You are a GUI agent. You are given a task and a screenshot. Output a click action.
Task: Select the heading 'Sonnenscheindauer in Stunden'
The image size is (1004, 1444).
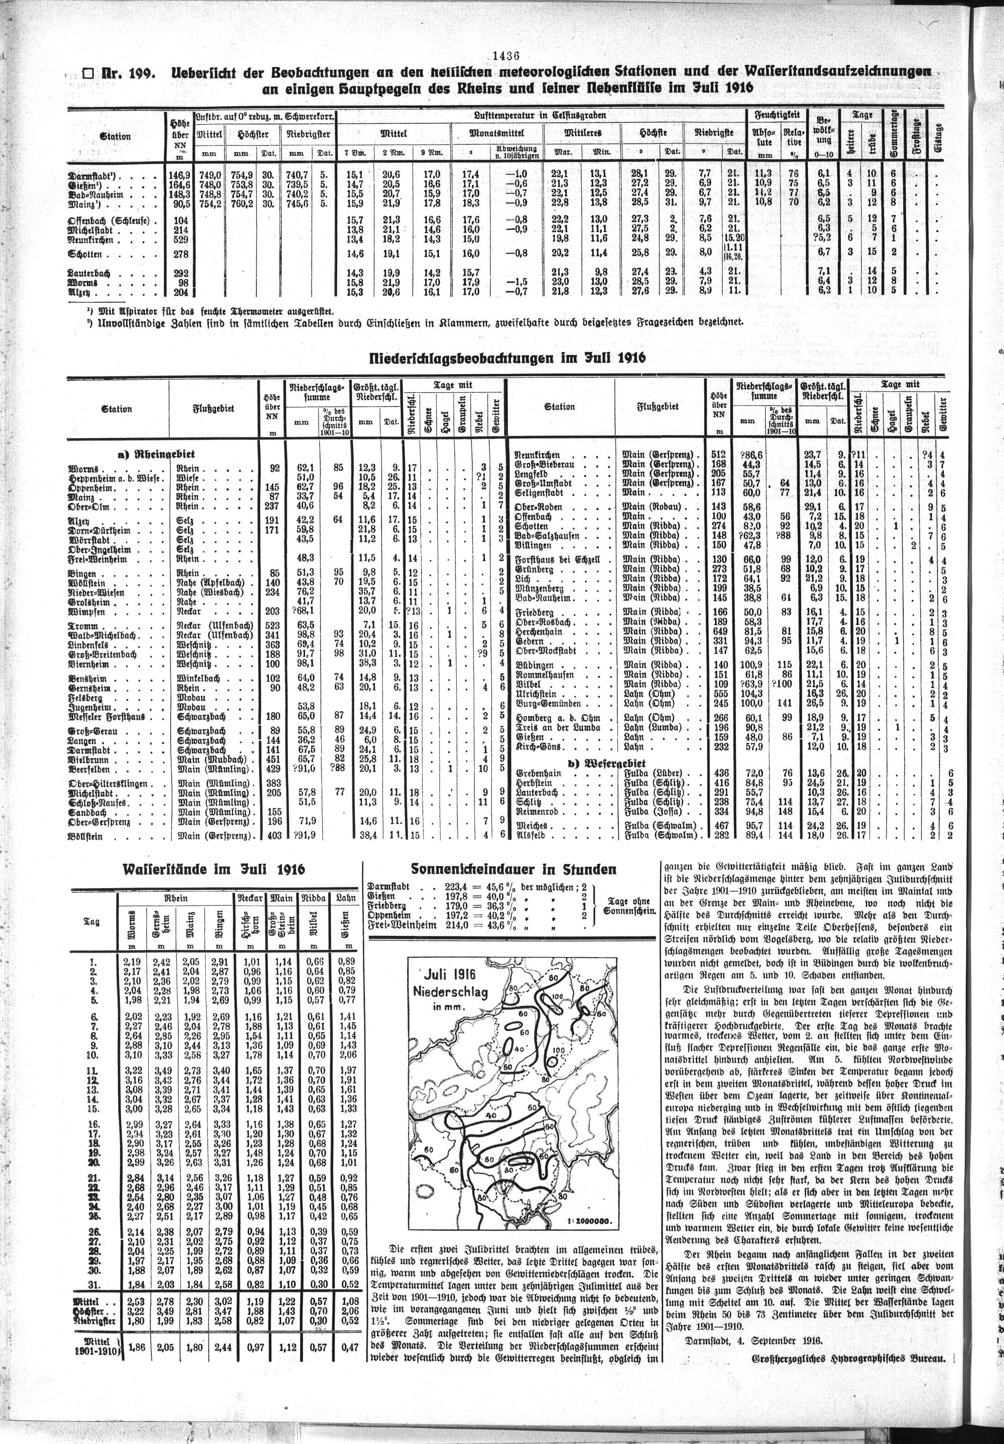pos(513,869)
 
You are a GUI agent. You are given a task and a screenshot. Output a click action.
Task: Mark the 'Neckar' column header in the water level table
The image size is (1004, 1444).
pos(250,898)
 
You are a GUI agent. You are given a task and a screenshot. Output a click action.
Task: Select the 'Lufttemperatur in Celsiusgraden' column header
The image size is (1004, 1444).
pos(541,116)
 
